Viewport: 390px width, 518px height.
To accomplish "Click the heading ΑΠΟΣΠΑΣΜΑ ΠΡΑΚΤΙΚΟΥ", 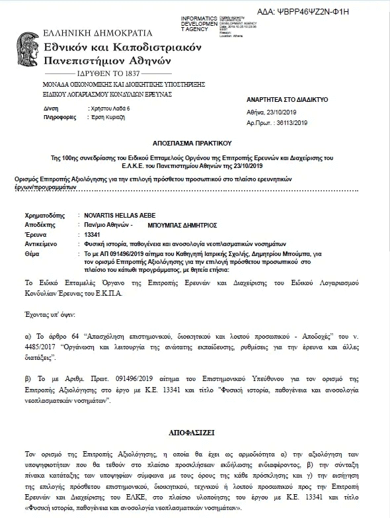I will tap(195, 141).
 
